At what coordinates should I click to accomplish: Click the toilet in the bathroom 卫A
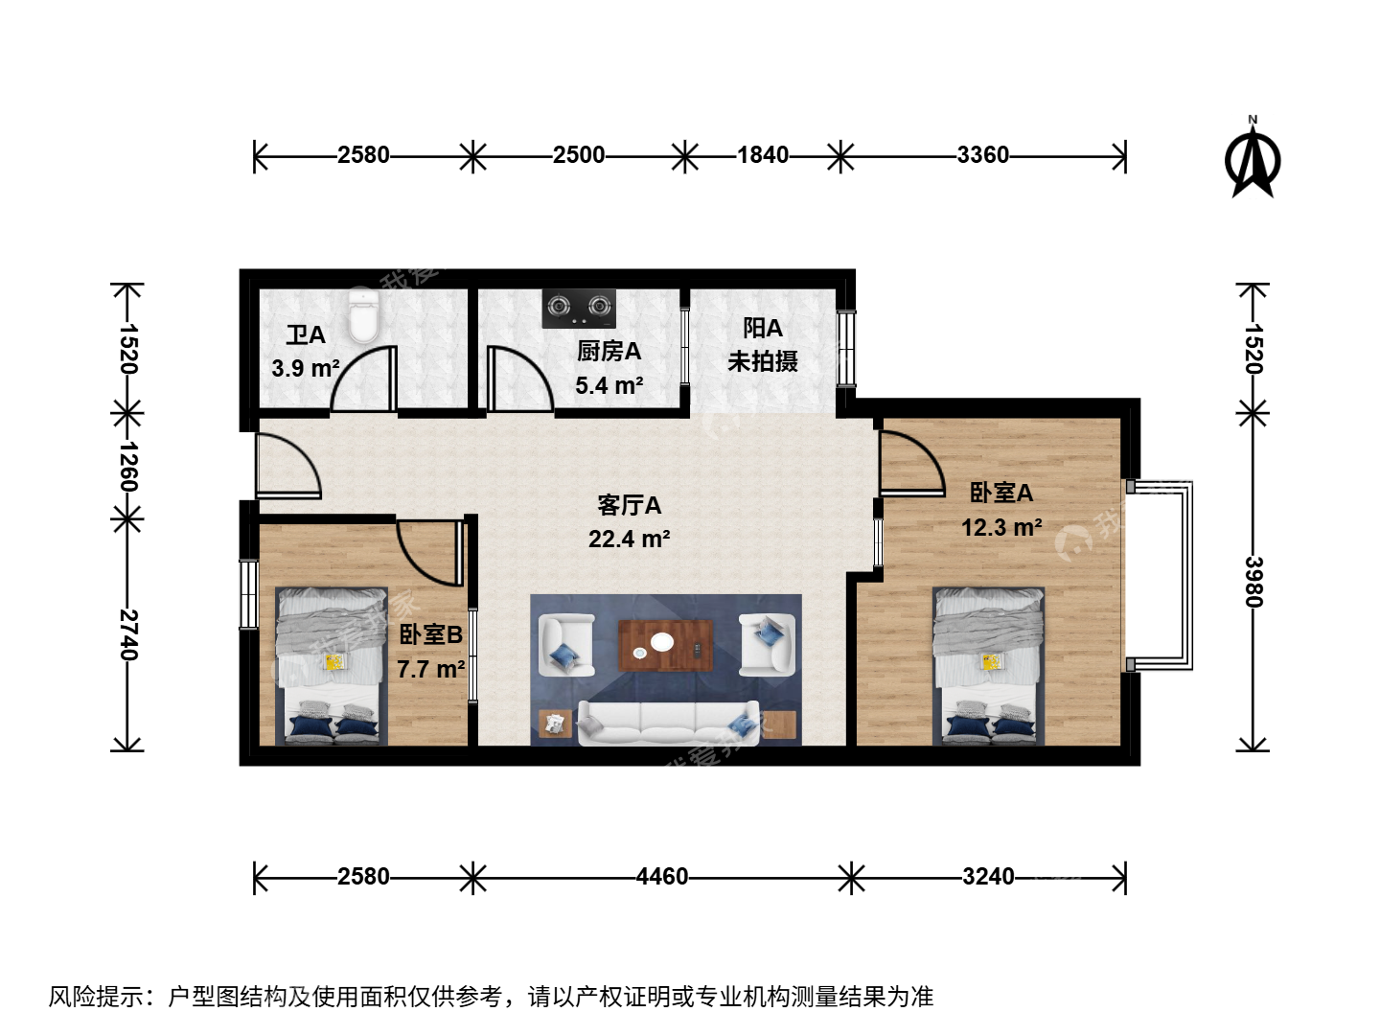coord(364,316)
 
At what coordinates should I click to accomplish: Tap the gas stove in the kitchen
coord(579,308)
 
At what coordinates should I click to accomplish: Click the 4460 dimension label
coord(662,876)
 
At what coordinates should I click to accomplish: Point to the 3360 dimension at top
coord(982,154)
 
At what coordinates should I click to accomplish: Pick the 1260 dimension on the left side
coord(128,467)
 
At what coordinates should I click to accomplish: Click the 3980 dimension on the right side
coord(1253,582)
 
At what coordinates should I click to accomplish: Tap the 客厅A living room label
coord(629,505)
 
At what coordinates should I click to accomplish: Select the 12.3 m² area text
coord(1001,527)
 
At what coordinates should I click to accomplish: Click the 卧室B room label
coord(430,634)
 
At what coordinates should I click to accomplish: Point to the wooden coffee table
coord(666,645)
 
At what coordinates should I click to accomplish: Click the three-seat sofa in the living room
coord(668,723)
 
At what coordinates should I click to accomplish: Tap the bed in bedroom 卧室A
coord(988,667)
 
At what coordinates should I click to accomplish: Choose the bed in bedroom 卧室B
coord(332,667)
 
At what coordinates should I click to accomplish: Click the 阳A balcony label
coord(763,328)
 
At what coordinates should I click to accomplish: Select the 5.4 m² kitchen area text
coord(609,385)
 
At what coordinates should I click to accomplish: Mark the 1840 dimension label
coord(763,154)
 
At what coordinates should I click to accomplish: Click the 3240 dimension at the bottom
coord(988,876)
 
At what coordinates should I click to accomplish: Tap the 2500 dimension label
coord(579,154)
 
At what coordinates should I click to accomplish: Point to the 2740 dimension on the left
coord(128,634)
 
